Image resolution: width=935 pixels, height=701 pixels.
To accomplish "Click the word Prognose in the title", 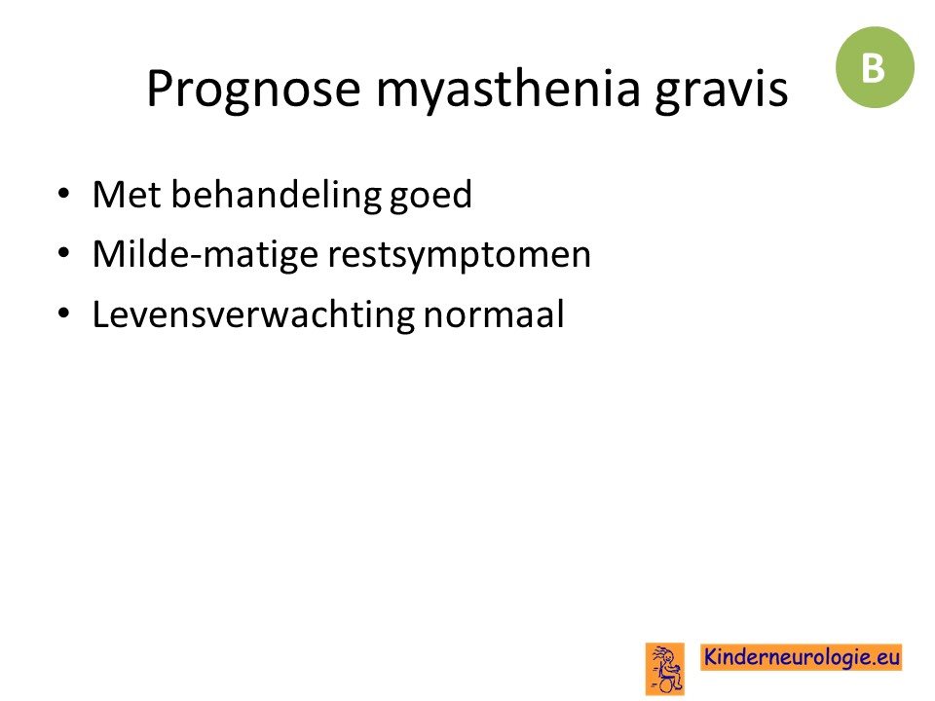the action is point(253,90).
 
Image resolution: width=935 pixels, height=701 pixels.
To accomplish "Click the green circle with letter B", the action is point(875,67).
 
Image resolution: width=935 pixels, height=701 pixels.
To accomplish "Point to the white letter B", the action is point(874,68).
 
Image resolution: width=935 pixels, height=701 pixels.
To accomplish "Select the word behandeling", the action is point(276,196).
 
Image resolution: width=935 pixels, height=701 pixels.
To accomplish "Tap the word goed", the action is point(430,196).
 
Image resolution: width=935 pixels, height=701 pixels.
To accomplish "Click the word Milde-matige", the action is point(206,255).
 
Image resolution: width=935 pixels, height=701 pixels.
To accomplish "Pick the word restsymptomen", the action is point(459,256).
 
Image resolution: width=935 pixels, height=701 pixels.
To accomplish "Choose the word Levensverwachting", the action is point(253,314).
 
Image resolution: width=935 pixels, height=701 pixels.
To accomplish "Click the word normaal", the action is point(494,314).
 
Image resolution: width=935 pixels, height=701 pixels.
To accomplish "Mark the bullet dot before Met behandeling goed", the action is point(64,194).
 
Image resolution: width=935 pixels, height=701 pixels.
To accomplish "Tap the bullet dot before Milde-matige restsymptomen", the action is point(64,253).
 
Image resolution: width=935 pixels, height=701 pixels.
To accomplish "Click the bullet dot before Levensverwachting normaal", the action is point(64,314).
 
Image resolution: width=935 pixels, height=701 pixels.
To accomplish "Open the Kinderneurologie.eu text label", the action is point(802,657).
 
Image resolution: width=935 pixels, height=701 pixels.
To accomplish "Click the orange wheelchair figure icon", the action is point(665,669).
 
